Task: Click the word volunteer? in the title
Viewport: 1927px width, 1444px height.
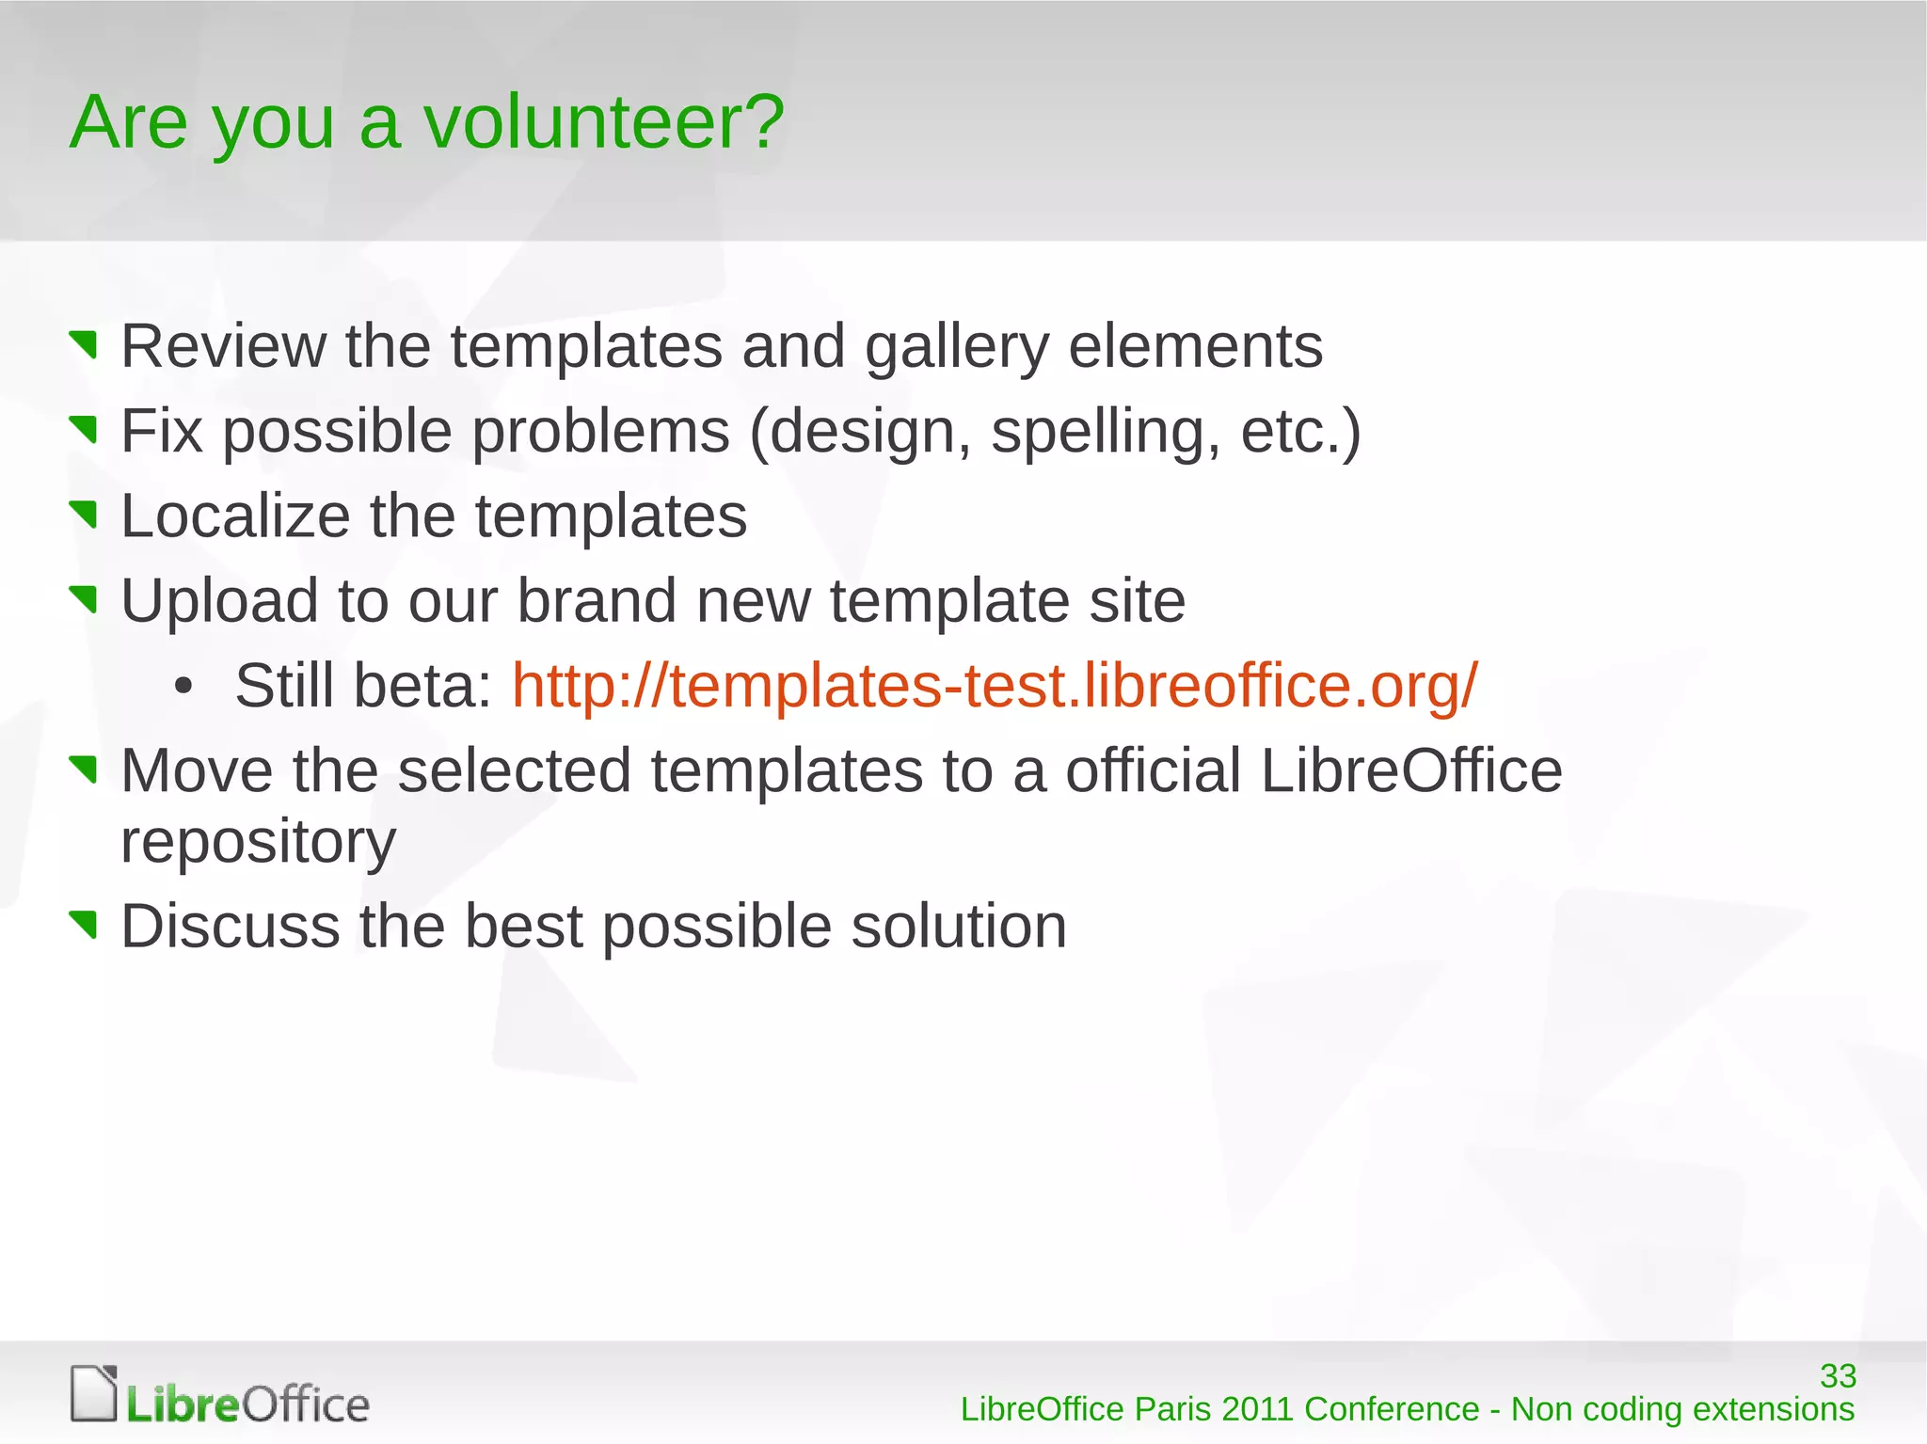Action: [603, 122]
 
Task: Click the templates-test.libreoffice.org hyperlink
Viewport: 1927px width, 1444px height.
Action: [995, 685]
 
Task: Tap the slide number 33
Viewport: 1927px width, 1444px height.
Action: [1837, 1375]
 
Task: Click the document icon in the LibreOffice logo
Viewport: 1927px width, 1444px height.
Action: [94, 1392]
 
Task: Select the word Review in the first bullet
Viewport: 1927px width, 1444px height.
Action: [223, 346]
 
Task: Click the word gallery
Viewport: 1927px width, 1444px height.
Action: [956, 348]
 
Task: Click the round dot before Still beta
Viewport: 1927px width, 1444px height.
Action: [183, 687]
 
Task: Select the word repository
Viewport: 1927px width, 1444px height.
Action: [258, 842]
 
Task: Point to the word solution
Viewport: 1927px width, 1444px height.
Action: [959, 926]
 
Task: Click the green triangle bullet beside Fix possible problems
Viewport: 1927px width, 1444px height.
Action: [85, 429]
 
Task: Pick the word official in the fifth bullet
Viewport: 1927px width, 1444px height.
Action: [1153, 770]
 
